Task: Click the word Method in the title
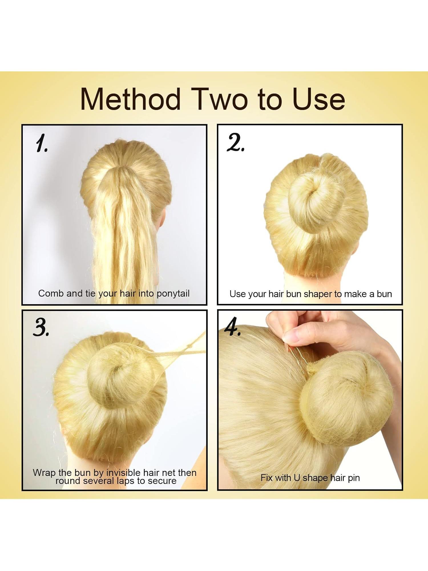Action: pyautogui.click(x=130, y=99)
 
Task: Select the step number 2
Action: pyautogui.click(x=235, y=143)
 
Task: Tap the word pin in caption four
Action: pyautogui.click(x=354, y=478)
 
